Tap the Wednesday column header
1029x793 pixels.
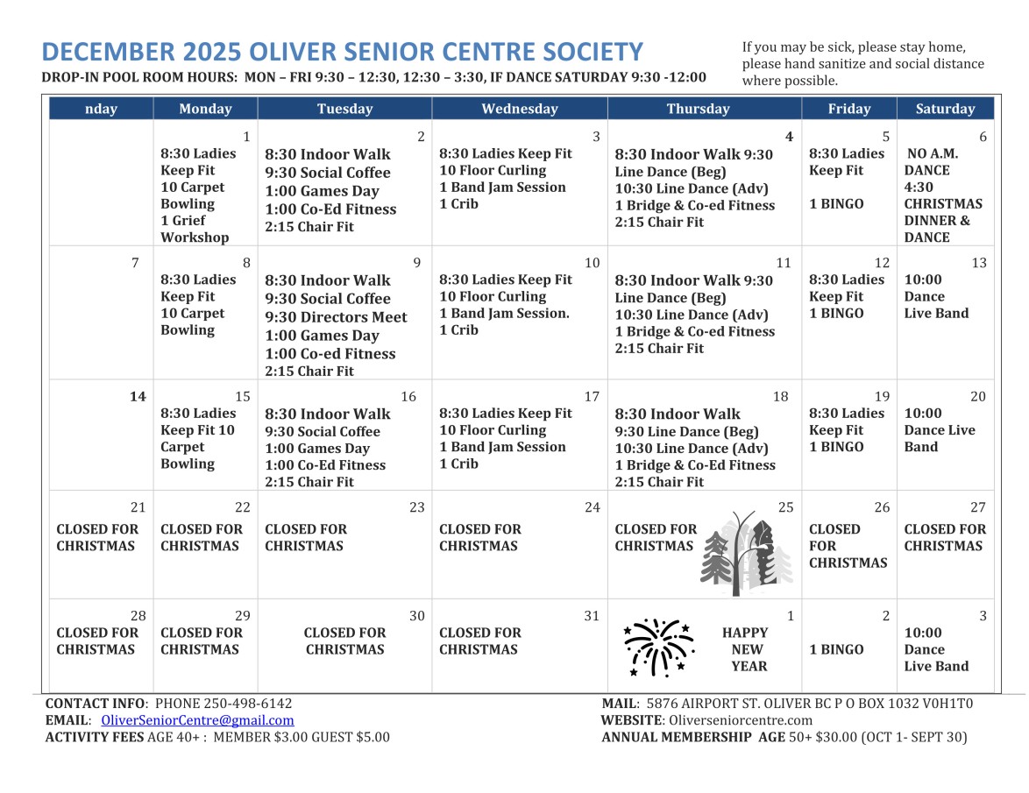pos(519,109)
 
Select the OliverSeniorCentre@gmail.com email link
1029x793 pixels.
pos(197,720)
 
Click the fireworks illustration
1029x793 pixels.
pos(657,648)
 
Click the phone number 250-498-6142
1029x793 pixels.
pos(248,704)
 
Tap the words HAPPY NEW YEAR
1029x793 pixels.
pos(747,649)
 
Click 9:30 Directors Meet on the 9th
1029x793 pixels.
pos(336,317)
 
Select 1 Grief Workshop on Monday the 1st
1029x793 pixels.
pos(195,229)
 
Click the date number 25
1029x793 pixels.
pos(785,507)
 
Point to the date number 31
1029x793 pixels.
pos(592,616)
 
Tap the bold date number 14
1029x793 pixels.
pos(138,397)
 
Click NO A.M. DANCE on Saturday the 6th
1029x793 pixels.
pos(931,162)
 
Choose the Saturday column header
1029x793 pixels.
pos(944,109)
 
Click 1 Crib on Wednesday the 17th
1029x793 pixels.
pos(458,464)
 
